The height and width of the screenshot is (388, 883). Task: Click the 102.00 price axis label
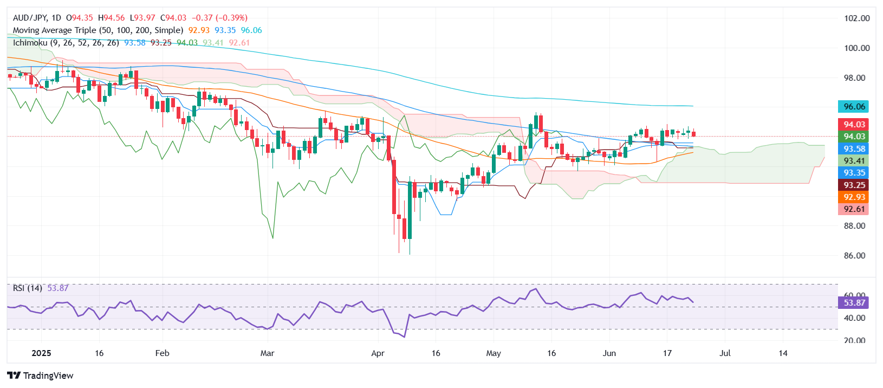[856, 18]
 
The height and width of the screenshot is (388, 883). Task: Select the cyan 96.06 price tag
[853, 107]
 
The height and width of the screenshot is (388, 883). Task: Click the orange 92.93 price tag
[853, 197]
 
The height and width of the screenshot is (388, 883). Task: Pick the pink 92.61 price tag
[853, 209]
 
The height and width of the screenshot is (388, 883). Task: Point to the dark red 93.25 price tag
[853, 185]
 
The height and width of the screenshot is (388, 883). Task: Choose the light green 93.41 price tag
[853, 161]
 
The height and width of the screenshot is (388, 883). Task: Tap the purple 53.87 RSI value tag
[853, 303]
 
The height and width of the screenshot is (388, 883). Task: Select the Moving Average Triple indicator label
[98, 30]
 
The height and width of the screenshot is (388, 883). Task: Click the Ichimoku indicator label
[66, 43]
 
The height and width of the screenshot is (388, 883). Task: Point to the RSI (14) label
[28, 288]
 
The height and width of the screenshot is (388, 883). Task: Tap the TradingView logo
[41, 376]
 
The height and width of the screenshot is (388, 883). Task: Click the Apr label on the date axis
[378, 353]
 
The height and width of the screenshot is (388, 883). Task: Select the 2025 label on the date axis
[41, 353]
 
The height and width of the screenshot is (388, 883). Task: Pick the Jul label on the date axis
[725, 353]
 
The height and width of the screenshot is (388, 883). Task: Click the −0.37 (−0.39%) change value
[219, 18]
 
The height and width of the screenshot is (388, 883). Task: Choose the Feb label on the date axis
[162, 353]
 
